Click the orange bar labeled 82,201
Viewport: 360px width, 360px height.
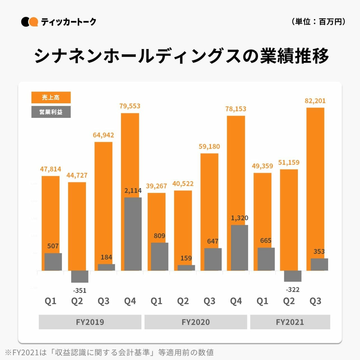coord(315,182)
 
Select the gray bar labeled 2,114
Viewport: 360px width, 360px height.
coord(133,234)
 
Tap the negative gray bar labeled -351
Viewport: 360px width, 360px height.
coord(80,277)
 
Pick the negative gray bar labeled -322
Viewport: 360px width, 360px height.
coord(293,276)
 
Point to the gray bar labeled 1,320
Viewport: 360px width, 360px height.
coord(239,248)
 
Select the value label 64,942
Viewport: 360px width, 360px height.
coord(103,135)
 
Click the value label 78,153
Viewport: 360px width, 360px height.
coord(236,109)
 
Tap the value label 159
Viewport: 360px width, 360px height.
coord(186,258)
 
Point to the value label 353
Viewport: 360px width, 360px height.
coord(319,251)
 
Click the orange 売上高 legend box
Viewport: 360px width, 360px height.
coord(51,97)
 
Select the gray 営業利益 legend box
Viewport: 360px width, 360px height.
coord(51,112)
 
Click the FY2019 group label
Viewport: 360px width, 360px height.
coord(90,322)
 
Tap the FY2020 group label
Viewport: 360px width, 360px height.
coord(196,322)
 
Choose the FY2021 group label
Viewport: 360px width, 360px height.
coord(290,322)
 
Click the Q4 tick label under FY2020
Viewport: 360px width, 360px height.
coord(236,301)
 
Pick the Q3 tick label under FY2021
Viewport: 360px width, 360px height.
coord(315,301)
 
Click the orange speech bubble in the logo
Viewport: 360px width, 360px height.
coord(34,22)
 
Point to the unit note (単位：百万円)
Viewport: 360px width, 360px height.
coord(319,22)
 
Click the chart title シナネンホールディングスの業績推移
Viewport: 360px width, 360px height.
coord(181,56)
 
